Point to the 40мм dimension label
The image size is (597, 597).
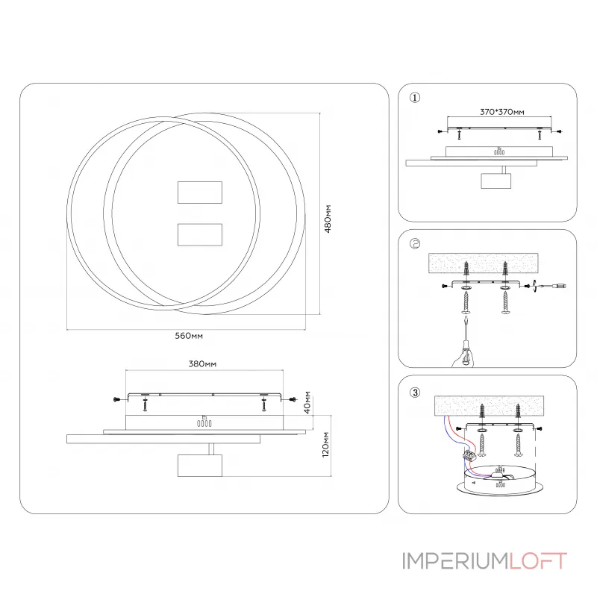click(x=307, y=403)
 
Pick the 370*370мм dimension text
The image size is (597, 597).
click(x=501, y=112)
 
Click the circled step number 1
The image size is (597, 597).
click(x=416, y=97)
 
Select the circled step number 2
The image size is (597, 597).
click(x=416, y=243)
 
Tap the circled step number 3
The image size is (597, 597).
click(x=416, y=391)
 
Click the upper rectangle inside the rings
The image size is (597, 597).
click(x=201, y=193)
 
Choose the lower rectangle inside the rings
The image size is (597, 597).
click(x=201, y=234)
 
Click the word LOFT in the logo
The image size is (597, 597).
click(x=538, y=561)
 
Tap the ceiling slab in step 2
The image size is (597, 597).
click(x=486, y=263)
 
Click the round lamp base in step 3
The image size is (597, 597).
click(x=499, y=481)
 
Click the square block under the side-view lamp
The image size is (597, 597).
click(x=200, y=465)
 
